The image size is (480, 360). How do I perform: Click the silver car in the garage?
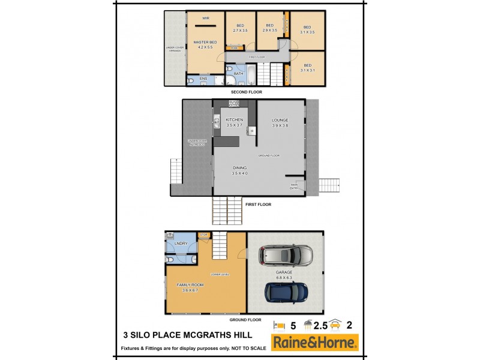(286, 257)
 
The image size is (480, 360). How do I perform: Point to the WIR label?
(205, 19)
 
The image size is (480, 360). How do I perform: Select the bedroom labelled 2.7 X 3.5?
(240, 28)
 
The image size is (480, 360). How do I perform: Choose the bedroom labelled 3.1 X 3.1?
(308, 67)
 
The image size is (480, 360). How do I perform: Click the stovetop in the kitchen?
(234, 104)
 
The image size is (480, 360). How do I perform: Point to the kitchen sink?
(216, 124)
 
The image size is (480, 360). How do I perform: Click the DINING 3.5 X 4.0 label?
(239, 170)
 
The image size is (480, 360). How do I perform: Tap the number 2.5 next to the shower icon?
(322, 326)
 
